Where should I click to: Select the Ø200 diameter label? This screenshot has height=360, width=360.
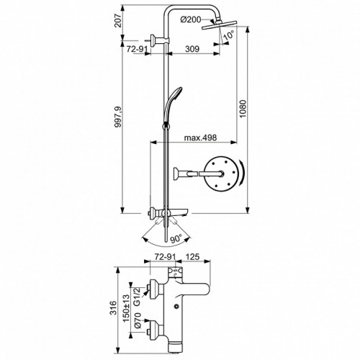[191, 19]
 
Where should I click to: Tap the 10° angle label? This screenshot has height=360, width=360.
[228, 35]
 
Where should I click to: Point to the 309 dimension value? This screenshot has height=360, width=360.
[192, 49]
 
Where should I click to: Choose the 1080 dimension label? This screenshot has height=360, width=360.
[243, 109]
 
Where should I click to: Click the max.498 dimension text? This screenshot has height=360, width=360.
[200, 138]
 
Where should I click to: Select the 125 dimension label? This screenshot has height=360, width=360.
[192, 256]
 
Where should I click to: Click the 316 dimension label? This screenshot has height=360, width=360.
[113, 307]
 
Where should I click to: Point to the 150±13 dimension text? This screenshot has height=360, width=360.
[126, 308]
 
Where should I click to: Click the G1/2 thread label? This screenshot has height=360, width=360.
[137, 297]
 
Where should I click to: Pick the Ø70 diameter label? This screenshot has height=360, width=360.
[138, 320]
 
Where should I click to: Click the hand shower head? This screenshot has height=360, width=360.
[173, 94]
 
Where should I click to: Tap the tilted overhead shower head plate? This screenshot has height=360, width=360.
[220, 25]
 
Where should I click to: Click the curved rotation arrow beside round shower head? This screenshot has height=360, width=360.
[243, 173]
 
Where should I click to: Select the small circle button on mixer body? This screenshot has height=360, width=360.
[176, 306]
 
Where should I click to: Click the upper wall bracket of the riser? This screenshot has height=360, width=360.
[161, 40]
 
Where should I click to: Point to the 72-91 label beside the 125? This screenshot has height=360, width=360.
[164, 256]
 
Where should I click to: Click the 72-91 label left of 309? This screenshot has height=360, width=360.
[137, 49]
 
